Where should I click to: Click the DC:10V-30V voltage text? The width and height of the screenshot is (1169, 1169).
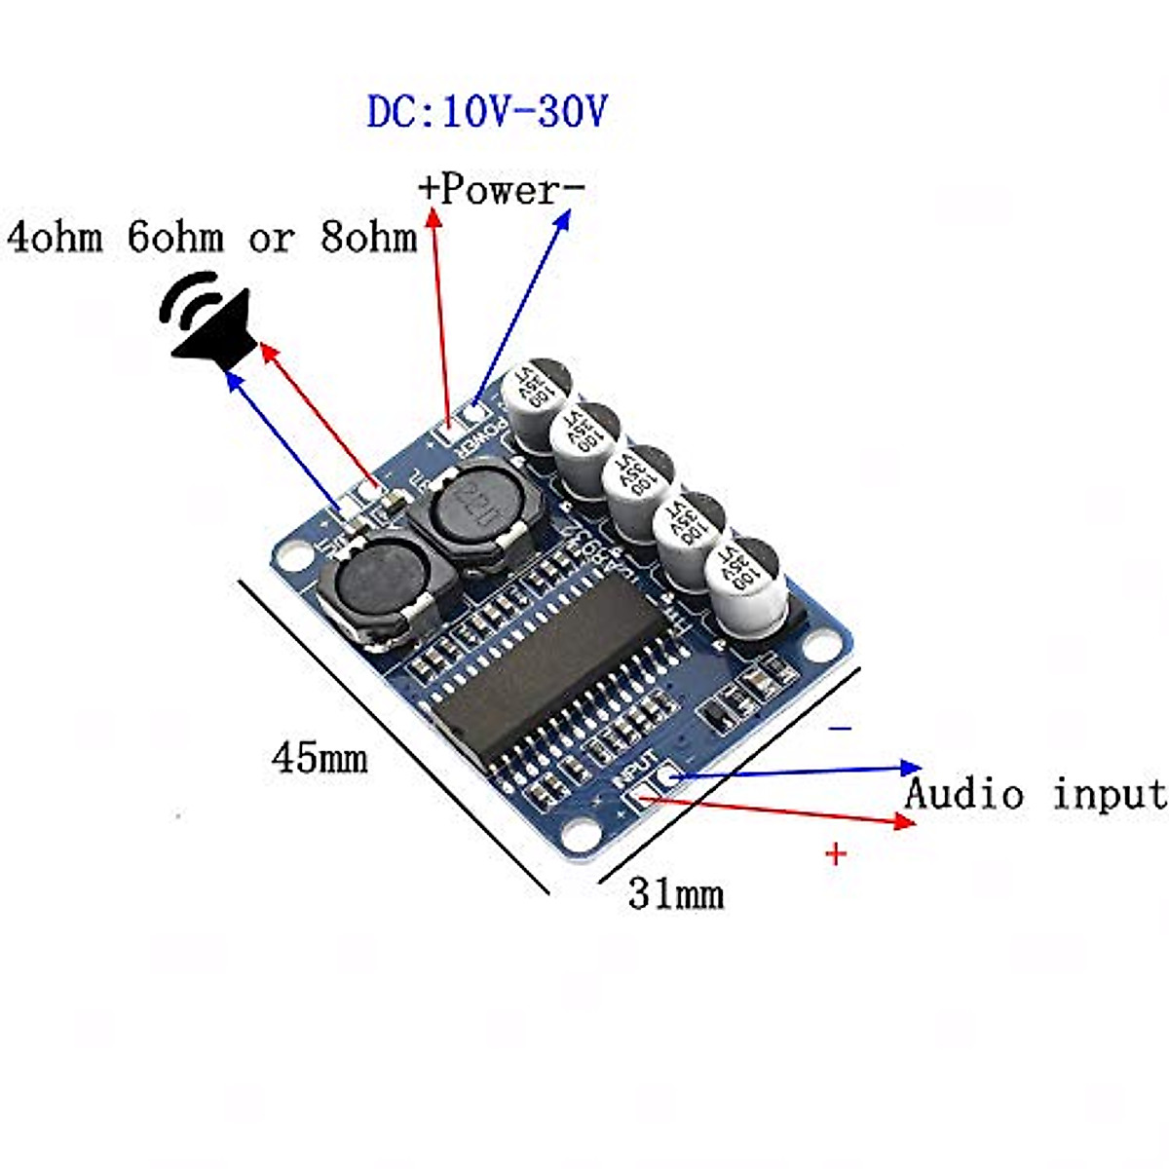pos(487,112)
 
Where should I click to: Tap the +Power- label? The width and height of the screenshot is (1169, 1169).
pos(501,189)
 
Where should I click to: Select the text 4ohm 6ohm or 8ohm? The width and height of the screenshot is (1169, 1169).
pos(212,238)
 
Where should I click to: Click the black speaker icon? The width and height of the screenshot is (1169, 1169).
pos(208,321)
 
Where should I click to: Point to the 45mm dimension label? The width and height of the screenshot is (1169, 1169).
pos(320,758)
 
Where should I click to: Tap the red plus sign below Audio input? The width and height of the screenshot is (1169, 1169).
pos(836,854)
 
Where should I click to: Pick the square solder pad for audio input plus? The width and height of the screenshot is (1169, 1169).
pos(641,801)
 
